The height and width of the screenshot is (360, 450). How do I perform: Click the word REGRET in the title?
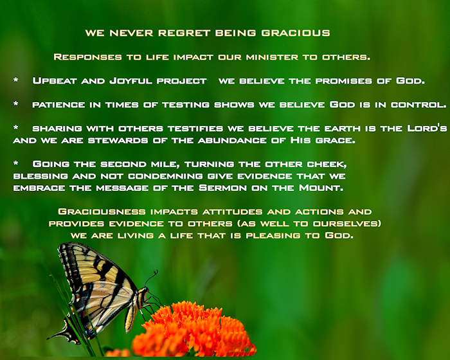[184, 33]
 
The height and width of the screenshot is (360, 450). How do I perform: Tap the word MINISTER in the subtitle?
[272, 57]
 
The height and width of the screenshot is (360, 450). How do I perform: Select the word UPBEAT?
[55, 80]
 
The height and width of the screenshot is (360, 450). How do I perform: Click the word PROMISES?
[343, 81]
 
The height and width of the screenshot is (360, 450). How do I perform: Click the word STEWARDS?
[118, 140]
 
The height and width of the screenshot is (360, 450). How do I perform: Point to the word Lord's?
[427, 128]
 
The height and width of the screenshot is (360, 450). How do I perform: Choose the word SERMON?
[222, 188]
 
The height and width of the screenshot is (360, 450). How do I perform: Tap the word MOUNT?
[321, 188]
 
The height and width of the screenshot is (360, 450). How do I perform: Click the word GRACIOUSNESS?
[102, 212]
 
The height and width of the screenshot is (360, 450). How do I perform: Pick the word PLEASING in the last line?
[273, 236]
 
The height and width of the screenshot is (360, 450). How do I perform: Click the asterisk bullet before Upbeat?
[16, 80]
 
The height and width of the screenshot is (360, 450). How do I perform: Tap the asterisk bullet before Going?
[16, 163]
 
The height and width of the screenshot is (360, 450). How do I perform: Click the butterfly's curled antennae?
[152, 278]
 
